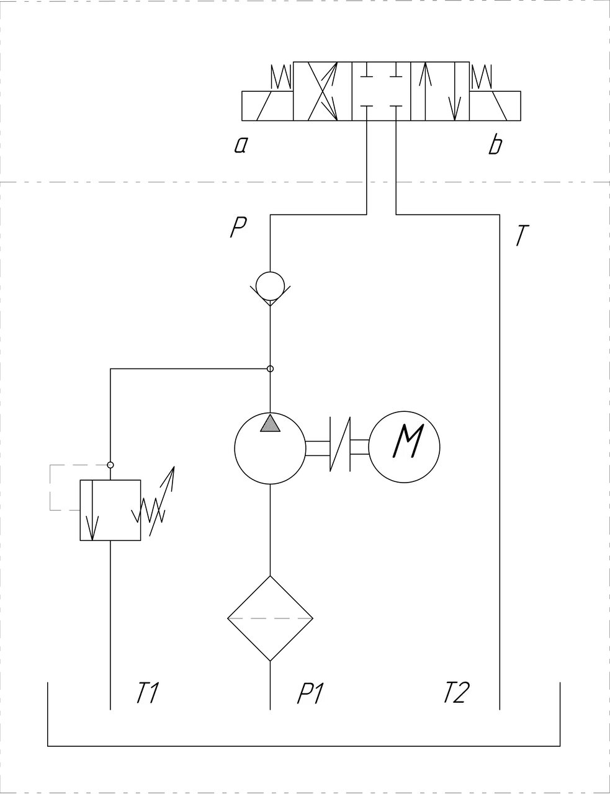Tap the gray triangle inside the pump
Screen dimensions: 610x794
click(270, 424)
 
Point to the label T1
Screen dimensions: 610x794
click(147, 692)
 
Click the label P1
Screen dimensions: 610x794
click(310, 692)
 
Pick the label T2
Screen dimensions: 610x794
click(455, 692)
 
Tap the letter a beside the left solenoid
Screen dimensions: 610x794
click(241, 146)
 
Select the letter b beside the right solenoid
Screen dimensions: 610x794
click(495, 145)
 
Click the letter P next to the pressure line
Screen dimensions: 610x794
click(238, 227)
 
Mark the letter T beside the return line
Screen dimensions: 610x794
click(523, 235)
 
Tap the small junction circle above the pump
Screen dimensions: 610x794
click(270, 368)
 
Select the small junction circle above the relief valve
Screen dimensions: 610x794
click(110, 465)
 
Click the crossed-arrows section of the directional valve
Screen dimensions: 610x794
click(322, 91)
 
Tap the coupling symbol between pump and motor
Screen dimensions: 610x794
click(340, 444)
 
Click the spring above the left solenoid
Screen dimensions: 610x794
click(281, 77)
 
